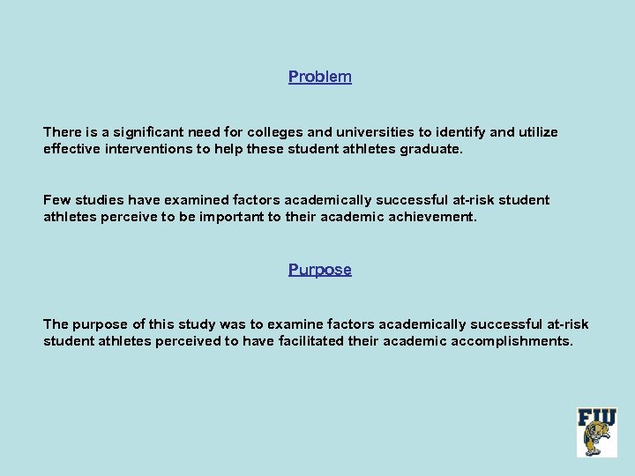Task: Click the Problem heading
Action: pyautogui.click(x=319, y=77)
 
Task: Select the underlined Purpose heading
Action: pyautogui.click(x=319, y=270)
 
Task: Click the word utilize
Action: pyautogui.click(x=538, y=132)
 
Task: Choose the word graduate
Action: pyautogui.click(x=430, y=149)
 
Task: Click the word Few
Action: pyautogui.click(x=56, y=200)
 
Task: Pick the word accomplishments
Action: pyautogui.click(x=512, y=341)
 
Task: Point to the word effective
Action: pyautogui.click(x=71, y=149)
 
